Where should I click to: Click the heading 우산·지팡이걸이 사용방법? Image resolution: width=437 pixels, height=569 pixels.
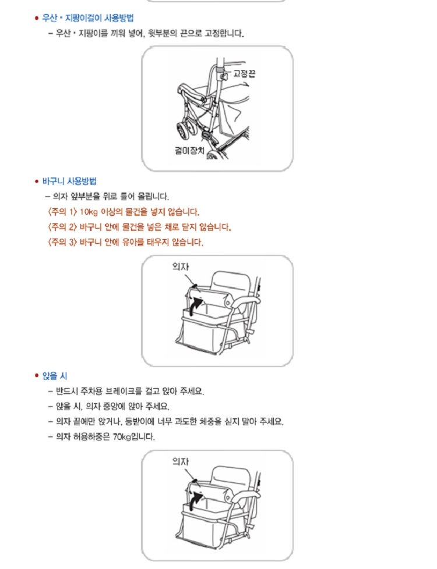click(x=88, y=18)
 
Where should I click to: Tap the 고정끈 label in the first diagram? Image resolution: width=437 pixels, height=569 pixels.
click(x=244, y=74)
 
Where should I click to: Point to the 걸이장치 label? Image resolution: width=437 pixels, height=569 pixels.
click(x=189, y=150)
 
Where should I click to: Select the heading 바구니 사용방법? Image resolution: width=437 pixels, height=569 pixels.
click(x=69, y=181)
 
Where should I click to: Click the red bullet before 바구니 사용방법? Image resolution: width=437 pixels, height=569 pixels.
click(x=36, y=182)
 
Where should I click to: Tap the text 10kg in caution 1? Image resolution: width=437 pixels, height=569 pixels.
click(x=89, y=212)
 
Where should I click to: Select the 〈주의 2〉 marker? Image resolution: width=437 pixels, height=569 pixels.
click(x=62, y=227)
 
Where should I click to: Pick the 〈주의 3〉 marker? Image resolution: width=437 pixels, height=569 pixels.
click(x=62, y=242)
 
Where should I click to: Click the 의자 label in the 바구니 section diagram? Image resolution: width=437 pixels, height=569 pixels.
click(x=181, y=266)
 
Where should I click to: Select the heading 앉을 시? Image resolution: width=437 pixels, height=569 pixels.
click(x=55, y=376)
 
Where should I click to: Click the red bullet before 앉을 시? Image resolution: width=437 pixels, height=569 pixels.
click(x=36, y=376)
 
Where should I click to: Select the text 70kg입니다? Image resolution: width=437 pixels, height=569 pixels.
click(x=134, y=436)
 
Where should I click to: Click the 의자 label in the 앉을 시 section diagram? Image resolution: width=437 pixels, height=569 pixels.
click(x=181, y=461)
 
